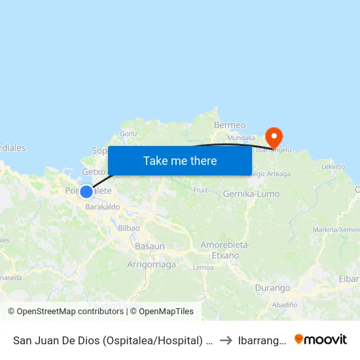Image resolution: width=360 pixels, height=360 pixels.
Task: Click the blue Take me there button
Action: pyautogui.click(x=180, y=160)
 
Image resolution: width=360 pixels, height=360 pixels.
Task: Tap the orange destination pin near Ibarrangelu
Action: pyautogui.click(x=273, y=137)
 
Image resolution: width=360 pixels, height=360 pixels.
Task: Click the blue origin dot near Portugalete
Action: pyautogui.click(x=86, y=191)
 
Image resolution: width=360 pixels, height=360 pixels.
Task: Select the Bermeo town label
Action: pyautogui.click(x=230, y=125)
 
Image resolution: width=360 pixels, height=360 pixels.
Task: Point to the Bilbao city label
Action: pyautogui.click(x=128, y=228)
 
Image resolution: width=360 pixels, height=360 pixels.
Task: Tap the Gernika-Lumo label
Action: pyautogui.click(x=251, y=194)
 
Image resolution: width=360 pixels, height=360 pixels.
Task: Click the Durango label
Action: pyautogui.click(x=272, y=288)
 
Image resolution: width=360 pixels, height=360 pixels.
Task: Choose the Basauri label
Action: pyautogui.click(x=149, y=246)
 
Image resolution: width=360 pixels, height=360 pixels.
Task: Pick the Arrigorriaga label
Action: pyautogui.click(x=151, y=264)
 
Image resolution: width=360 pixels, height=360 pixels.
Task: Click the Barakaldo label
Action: pyautogui.click(x=102, y=206)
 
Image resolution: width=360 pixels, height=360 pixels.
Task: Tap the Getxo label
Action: pyautogui.click(x=93, y=171)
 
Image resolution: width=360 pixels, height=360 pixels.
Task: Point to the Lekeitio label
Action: pyautogui.click(x=334, y=167)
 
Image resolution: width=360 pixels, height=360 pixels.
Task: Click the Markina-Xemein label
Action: pyautogui.click(x=336, y=229)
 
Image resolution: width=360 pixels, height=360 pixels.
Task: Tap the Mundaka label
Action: pyautogui.click(x=242, y=138)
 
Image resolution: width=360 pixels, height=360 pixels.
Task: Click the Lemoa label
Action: pyautogui.click(x=203, y=267)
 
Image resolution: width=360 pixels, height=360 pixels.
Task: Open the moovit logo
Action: pyautogui.click(x=320, y=339)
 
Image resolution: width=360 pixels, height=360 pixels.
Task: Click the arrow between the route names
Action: pyautogui.click(x=225, y=340)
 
